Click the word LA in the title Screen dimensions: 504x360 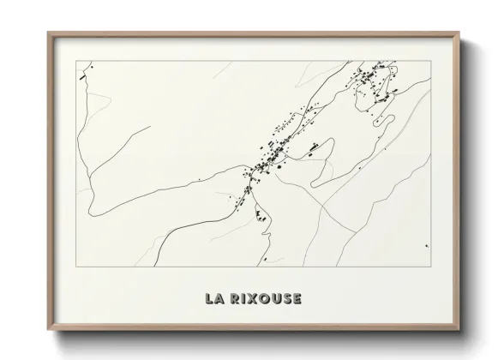click(214, 299)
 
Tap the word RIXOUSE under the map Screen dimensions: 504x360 click(262, 299)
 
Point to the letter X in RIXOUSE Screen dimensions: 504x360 click(252, 299)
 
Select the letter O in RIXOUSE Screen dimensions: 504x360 click(263, 299)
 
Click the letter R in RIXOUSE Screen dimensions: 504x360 click(234, 299)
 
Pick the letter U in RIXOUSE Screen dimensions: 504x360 click(275, 299)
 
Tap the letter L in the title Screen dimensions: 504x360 click(209, 299)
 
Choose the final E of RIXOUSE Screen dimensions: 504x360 click(297, 299)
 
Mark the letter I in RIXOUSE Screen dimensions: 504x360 click(243, 299)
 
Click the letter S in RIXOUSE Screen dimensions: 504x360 click(286, 299)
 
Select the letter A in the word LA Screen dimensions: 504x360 click(219, 299)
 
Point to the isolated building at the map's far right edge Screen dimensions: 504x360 click(427, 245)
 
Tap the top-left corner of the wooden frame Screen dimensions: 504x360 click(48, 33)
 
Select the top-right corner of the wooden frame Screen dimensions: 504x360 click(459, 33)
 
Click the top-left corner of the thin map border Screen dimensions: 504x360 click(76, 61)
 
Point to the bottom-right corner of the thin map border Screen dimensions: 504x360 click(430, 266)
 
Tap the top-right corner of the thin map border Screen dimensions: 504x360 click(430, 61)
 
